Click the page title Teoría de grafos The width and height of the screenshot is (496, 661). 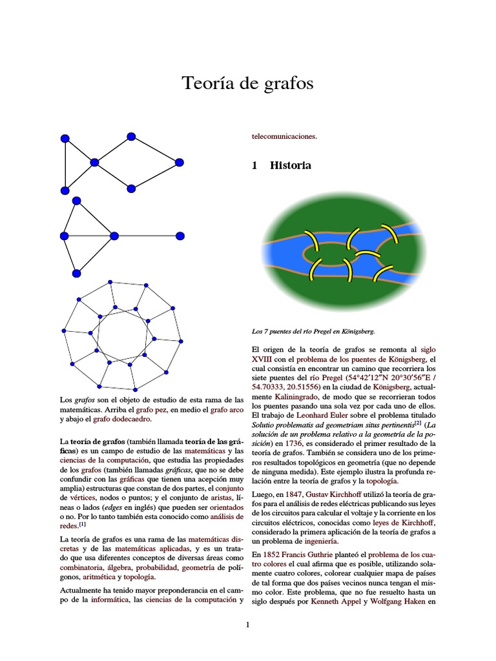click(247, 83)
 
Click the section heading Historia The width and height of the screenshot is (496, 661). click(290, 166)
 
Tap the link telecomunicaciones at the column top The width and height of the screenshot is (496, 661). click(284, 136)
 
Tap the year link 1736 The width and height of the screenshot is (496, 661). click(294, 443)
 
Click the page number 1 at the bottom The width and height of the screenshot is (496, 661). click(247, 624)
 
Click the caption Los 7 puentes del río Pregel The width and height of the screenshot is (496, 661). click(313, 331)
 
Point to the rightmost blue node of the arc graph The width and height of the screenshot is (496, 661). click(180, 236)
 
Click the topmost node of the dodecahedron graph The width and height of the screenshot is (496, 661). click(110, 282)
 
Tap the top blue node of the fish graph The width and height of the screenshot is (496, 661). click(131, 136)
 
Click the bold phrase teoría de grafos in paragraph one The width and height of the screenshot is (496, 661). click(99, 441)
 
